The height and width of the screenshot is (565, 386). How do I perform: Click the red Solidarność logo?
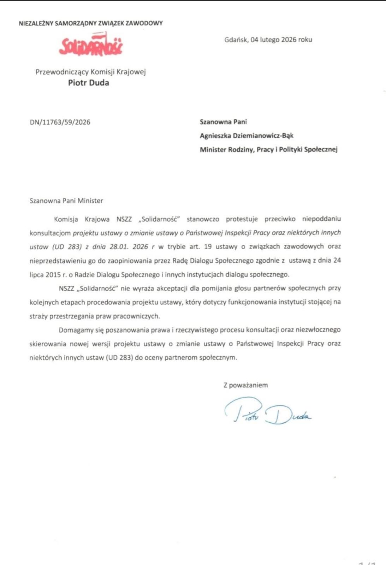91,45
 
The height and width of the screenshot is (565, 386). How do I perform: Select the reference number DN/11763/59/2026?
60,122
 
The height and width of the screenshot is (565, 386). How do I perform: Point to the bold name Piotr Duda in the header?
88,83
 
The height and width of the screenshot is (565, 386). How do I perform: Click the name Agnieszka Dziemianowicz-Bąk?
247,136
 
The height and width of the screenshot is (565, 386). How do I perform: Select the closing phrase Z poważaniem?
245,385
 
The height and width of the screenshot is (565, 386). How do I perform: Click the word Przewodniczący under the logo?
62,72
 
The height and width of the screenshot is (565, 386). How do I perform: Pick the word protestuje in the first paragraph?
242,219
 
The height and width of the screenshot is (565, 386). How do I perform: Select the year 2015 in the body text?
53,274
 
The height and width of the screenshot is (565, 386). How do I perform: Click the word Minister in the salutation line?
90,201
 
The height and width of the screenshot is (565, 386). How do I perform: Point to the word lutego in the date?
270,40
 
